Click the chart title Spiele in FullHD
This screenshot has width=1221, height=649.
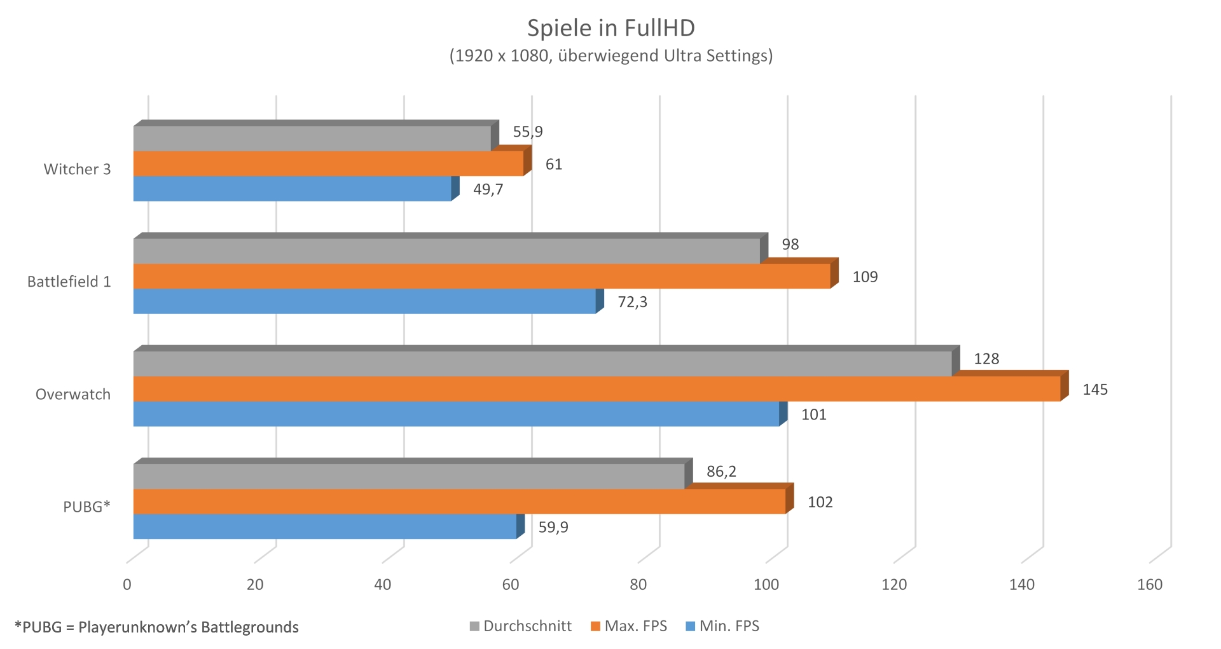tap(610, 28)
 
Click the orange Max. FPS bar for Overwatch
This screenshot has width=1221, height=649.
tap(597, 389)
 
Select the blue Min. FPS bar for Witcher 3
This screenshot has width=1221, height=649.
tap(292, 189)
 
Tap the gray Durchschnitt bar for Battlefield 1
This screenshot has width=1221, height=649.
tap(446, 251)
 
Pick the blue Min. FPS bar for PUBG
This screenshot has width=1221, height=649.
tap(324, 527)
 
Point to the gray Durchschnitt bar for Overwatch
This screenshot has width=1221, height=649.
tap(542, 364)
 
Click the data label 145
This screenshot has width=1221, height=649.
tap(1095, 390)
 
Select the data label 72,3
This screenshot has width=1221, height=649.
tap(632, 302)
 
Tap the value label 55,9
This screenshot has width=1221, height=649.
tap(528, 132)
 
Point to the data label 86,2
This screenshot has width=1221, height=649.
tap(721, 472)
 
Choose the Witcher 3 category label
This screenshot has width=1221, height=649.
tap(77, 169)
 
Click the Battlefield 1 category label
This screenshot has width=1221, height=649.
tap(69, 282)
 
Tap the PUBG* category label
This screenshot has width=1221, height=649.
tap(86, 507)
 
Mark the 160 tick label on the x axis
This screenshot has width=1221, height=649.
tap(1149, 585)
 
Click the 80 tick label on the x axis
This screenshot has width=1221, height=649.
tap(638, 585)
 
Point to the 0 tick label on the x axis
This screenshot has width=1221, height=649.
tap(127, 585)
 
